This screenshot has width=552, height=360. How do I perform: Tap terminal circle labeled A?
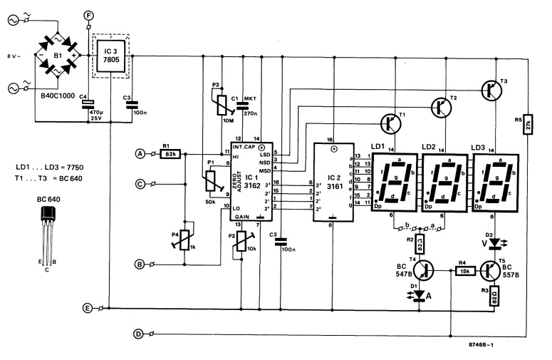[x=140, y=153]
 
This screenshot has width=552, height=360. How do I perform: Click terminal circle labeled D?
[x=140, y=333]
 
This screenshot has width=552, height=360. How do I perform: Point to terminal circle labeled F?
[x=88, y=15]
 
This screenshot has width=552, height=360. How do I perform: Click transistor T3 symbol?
[x=491, y=89]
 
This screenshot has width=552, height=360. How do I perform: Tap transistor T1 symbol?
[x=392, y=123]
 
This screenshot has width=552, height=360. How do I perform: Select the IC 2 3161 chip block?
[x=335, y=182]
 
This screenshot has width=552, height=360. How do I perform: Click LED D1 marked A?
[x=420, y=294]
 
